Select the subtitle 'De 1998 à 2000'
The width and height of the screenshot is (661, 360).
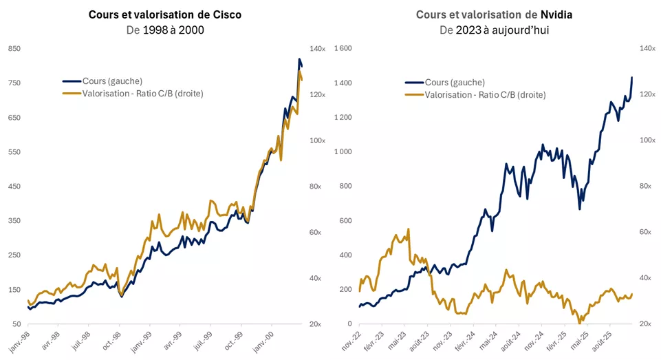click(164, 30)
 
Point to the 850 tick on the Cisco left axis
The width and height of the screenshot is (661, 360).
click(14, 49)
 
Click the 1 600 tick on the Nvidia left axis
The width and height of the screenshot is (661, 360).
click(343, 49)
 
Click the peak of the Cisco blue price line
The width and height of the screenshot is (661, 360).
click(299, 59)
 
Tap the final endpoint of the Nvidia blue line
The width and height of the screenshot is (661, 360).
click(631, 77)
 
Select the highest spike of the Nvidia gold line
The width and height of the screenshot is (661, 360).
click(409, 229)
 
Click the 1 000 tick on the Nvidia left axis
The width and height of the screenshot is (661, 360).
click(343, 152)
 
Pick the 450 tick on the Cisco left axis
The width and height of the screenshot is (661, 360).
click(14, 187)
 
